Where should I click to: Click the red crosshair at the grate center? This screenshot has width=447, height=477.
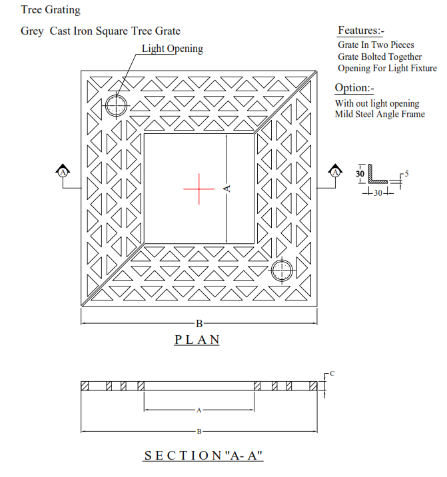pyautogui.click(x=199, y=189)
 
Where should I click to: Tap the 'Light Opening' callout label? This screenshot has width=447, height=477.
pyautogui.click(x=173, y=49)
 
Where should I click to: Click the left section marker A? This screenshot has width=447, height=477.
pyautogui.click(x=63, y=173)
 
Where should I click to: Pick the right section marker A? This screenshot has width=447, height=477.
pyautogui.click(x=335, y=173)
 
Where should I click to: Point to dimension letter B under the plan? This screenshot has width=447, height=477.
pyautogui.click(x=199, y=324)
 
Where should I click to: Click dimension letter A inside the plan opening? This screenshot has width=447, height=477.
pyautogui.click(x=226, y=189)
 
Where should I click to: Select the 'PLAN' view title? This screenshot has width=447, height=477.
pyautogui.click(x=197, y=340)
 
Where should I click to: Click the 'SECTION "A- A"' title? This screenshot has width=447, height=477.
pyautogui.click(x=203, y=456)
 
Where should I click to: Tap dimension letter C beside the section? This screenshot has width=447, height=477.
pyautogui.click(x=332, y=373)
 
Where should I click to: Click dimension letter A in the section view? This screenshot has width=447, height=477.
pyautogui.click(x=199, y=410)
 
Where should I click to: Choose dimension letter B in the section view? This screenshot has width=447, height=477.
pyautogui.click(x=199, y=432)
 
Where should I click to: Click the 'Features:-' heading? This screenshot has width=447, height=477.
pyautogui.click(x=361, y=31)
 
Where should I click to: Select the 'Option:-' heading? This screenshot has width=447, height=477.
pyautogui.click(x=354, y=88)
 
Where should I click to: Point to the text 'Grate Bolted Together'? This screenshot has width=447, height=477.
pyautogui.click(x=380, y=57)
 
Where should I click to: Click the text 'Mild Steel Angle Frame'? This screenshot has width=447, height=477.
pyautogui.click(x=380, y=114)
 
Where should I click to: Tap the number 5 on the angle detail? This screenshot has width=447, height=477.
pyautogui.click(x=406, y=174)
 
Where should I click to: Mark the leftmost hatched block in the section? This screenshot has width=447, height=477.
pyautogui.click(x=85, y=386)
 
